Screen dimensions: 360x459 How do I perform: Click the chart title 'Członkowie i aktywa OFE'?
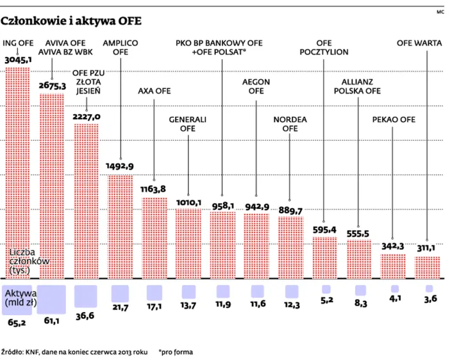pyautogui.click(x=71, y=21)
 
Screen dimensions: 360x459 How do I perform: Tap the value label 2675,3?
pyautogui.click(x=52, y=85)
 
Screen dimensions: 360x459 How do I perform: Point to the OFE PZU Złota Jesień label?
pyautogui.click(x=88, y=81)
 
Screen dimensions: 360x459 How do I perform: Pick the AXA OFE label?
pyautogui.click(x=154, y=90)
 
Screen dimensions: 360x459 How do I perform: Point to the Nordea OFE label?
pyautogui.click(x=286, y=124)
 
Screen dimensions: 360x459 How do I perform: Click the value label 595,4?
pyautogui.click(x=324, y=230)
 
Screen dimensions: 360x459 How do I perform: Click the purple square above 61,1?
pyautogui.click(x=53, y=299)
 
